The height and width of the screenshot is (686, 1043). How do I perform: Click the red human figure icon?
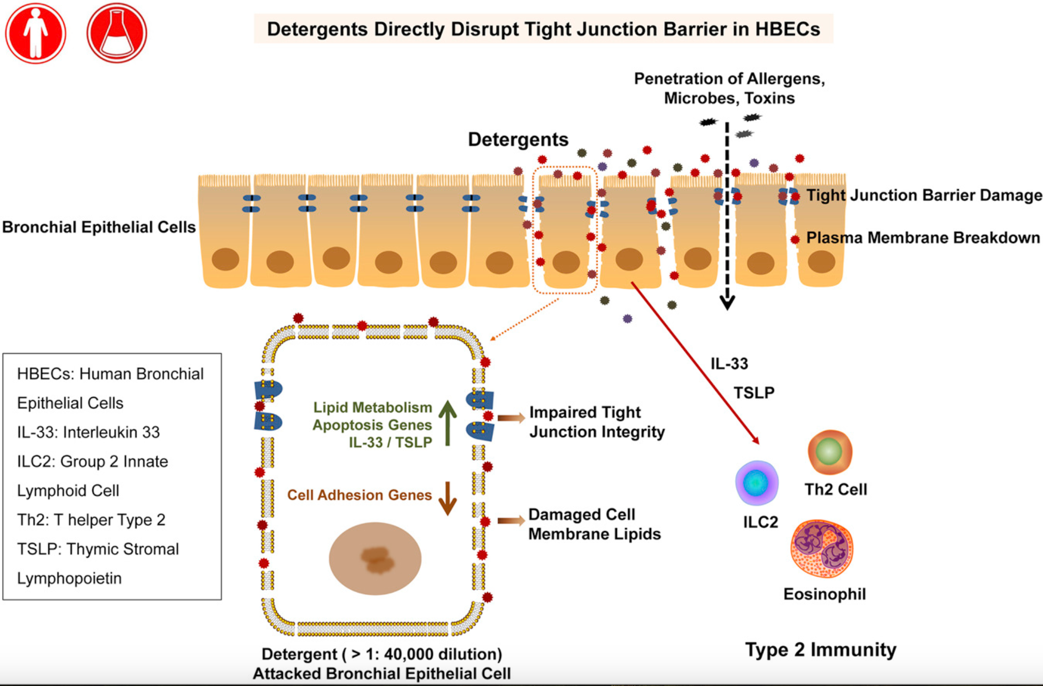[36, 33]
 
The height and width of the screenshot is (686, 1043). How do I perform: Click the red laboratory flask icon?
[117, 33]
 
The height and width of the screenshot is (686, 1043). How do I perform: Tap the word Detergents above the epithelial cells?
[518, 140]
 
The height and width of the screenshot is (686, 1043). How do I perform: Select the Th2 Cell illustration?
[830, 452]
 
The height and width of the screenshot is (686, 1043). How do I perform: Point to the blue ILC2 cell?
[757, 483]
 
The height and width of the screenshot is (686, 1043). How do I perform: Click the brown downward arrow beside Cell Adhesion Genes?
[447, 498]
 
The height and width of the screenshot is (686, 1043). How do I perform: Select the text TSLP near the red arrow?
[754, 393]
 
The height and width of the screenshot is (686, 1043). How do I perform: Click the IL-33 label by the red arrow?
[729, 364]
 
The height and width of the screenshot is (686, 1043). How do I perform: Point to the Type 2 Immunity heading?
[820, 649]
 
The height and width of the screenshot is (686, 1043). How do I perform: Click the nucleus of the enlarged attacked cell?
[375, 558]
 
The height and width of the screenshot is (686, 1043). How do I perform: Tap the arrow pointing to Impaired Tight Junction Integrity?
[510, 418]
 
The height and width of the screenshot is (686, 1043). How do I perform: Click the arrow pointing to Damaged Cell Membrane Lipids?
[510, 521]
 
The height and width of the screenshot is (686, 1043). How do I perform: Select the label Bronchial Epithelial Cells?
[99, 227]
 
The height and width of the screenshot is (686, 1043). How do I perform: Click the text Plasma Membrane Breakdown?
[923, 237]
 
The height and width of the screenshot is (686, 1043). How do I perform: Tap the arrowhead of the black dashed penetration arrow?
[727, 303]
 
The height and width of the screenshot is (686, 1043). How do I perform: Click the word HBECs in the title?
[787, 29]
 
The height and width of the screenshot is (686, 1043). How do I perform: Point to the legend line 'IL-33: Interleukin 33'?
[88, 432]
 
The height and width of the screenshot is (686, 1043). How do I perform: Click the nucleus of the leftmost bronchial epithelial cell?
[225, 259]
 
